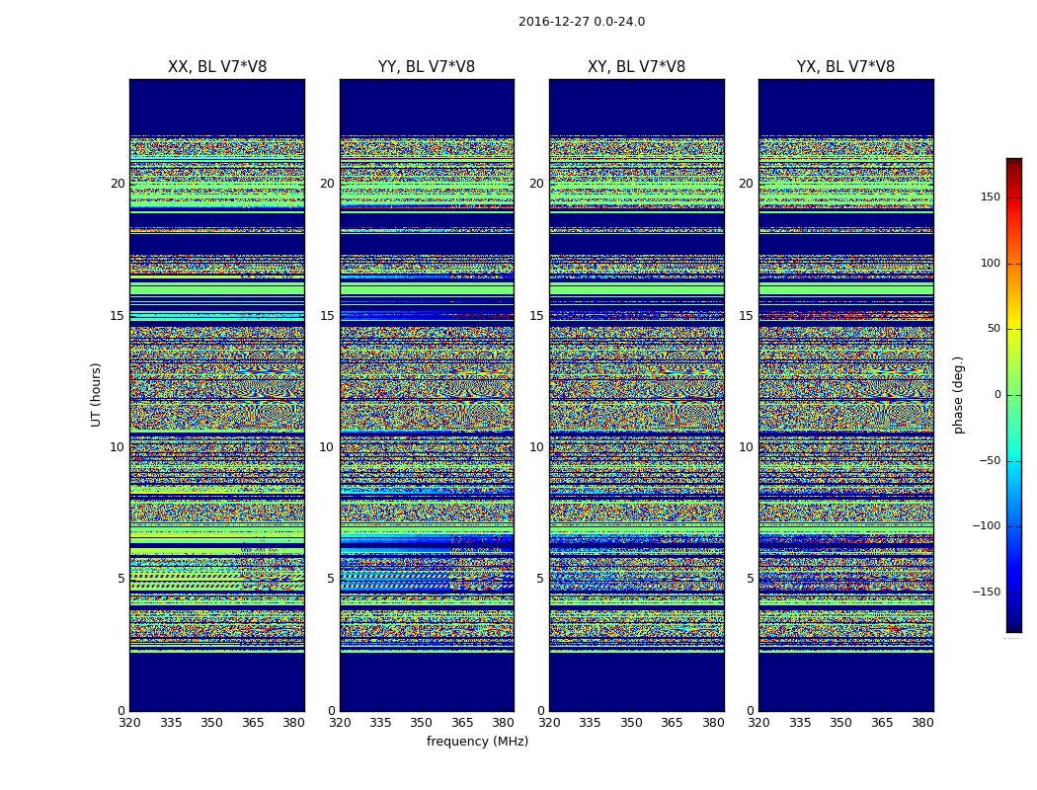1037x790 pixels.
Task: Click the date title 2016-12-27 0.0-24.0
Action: [581, 22]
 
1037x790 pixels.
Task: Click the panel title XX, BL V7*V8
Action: [217, 67]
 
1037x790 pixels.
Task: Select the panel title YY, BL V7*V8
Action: [427, 67]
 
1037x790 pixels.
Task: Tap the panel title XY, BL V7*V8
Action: [636, 67]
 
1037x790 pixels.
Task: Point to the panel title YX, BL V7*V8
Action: [845, 67]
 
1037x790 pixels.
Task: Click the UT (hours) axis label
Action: [97, 394]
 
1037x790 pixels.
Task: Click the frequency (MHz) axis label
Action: [477, 742]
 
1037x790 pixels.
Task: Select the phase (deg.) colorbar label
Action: [958, 394]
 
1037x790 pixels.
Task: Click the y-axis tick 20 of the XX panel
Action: [118, 184]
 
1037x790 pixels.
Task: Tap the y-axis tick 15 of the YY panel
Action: [327, 316]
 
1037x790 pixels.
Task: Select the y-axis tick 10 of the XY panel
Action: [536, 447]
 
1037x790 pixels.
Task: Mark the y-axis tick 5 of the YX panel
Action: [750, 579]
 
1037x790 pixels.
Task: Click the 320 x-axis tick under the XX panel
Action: [129, 723]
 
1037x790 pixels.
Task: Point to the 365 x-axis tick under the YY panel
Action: [462, 723]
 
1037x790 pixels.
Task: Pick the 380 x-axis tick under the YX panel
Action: [922, 723]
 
